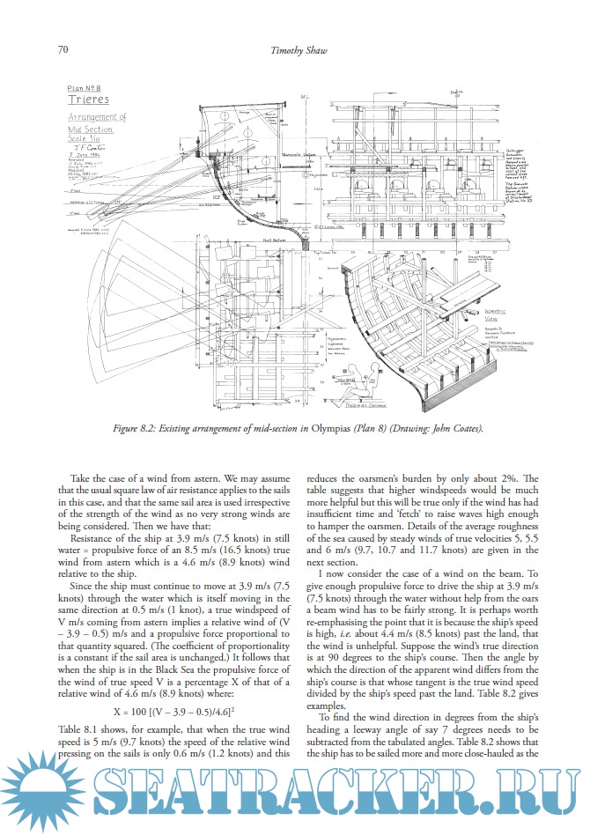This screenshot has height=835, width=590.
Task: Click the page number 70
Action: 63,49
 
